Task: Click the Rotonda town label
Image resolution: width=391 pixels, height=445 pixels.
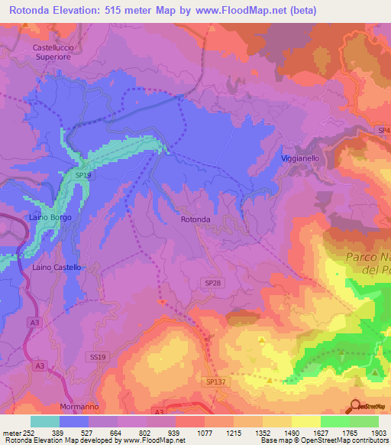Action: [x=195, y=219]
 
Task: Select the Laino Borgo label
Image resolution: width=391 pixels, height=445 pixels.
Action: [x=50, y=218]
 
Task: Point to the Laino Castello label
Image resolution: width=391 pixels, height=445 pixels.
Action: [x=57, y=268]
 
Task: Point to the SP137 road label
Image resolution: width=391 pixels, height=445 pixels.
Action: [x=216, y=381]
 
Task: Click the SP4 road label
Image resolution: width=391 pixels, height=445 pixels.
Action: [x=383, y=132]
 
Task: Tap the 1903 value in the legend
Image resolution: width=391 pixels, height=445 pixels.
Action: [x=376, y=433]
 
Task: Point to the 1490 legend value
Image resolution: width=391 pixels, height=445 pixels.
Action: [x=289, y=433]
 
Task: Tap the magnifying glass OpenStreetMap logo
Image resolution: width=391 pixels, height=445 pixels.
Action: [x=356, y=406]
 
